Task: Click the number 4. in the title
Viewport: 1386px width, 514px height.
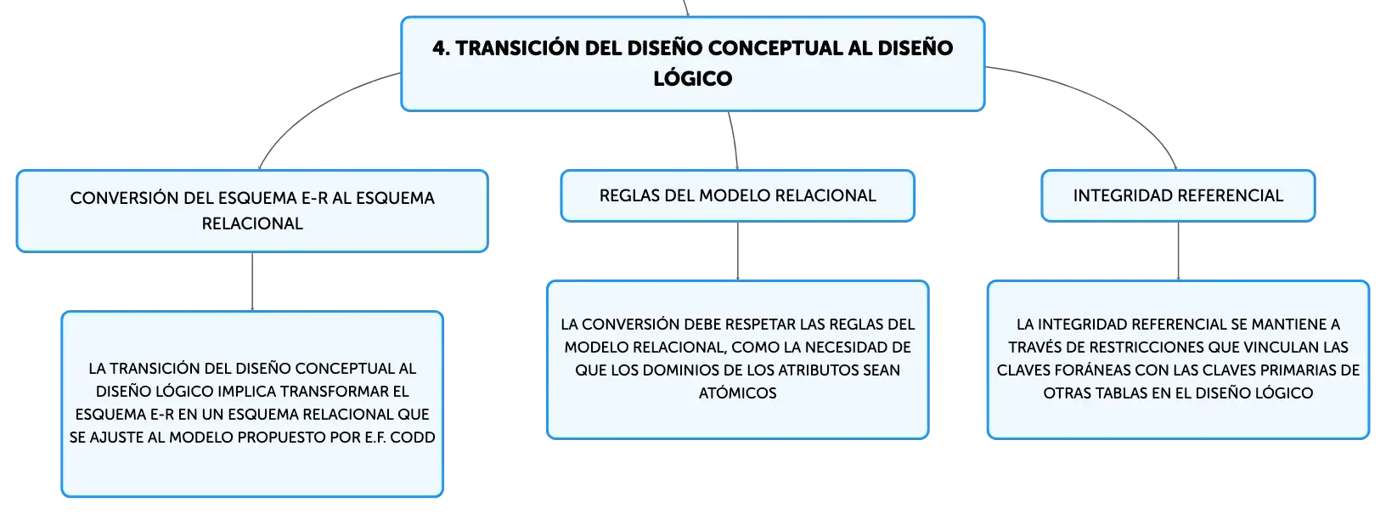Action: pyautogui.click(x=441, y=48)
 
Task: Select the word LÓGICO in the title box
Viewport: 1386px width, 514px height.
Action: pyautogui.click(x=692, y=79)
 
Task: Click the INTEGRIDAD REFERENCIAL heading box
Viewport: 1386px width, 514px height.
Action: pyautogui.click(x=1178, y=195)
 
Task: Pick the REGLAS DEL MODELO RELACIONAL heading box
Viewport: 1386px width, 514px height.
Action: pyautogui.click(x=737, y=195)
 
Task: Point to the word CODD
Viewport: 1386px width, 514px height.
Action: pyautogui.click(x=412, y=438)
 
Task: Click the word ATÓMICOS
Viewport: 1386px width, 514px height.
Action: pyautogui.click(x=737, y=393)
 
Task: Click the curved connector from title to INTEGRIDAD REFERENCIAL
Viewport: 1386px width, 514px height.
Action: pyautogui.click(x=1107, y=99)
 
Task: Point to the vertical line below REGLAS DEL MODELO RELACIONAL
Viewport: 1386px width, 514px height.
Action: pyautogui.click(x=737, y=251)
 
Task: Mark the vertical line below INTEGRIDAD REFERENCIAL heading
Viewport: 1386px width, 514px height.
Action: pyautogui.click(x=1178, y=251)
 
